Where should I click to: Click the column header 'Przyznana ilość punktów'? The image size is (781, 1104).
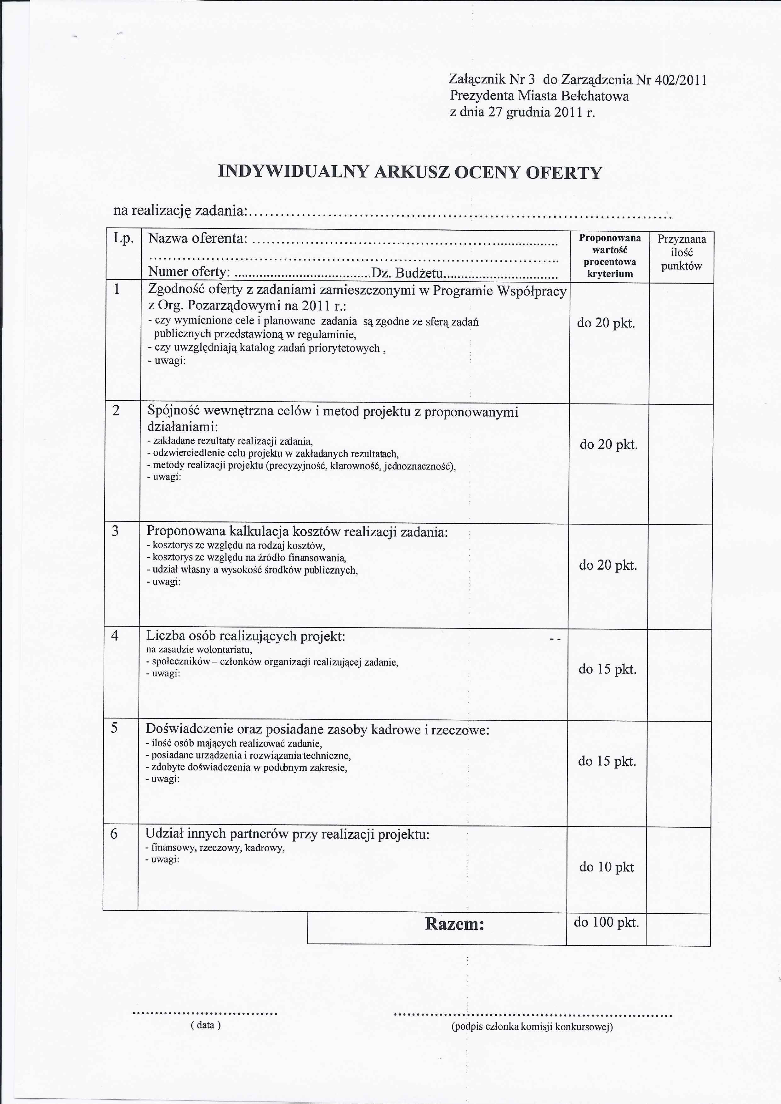tap(681, 252)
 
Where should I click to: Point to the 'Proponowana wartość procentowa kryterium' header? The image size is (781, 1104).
tap(610, 256)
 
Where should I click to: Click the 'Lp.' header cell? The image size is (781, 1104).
tap(123, 239)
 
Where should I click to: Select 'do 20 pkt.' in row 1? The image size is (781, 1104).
tap(606, 323)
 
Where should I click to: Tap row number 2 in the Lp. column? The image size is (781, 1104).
tap(116, 411)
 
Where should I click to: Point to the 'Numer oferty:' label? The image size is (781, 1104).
tap(189, 272)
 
